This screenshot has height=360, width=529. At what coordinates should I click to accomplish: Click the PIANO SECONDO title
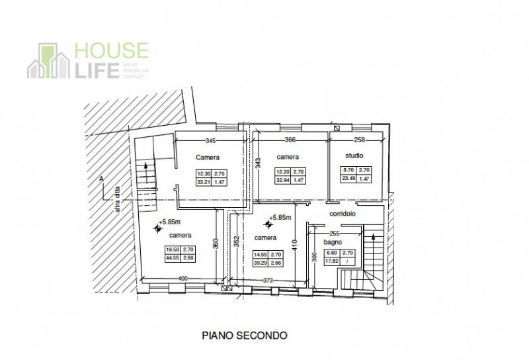click(x=245, y=336)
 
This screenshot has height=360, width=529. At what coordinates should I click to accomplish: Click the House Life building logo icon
click(x=49, y=62)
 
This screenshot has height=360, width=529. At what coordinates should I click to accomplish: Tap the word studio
click(x=355, y=156)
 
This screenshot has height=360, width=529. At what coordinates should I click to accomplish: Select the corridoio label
click(x=343, y=214)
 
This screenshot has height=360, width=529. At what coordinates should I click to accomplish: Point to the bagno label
click(x=332, y=242)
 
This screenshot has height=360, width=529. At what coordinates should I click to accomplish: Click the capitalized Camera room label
click(x=208, y=157)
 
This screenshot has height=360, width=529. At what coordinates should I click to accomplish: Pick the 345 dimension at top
click(x=211, y=140)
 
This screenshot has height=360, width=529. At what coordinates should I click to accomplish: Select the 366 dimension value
click(x=290, y=140)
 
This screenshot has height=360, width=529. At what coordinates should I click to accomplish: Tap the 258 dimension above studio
click(x=359, y=140)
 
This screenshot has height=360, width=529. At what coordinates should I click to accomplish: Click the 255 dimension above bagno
click(x=334, y=233)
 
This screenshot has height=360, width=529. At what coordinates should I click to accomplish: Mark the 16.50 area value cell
click(x=172, y=250)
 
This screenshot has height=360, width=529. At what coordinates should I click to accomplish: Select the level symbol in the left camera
click(x=157, y=228)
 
